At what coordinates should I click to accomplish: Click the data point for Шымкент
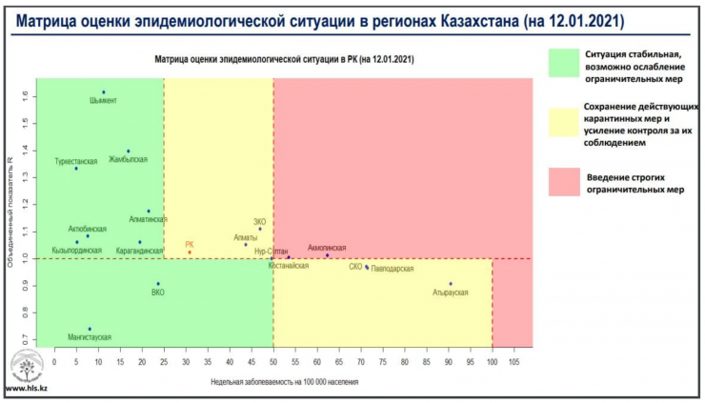104,92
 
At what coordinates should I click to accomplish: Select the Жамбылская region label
128,159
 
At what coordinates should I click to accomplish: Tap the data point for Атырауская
451,284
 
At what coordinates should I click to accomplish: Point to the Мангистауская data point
90,330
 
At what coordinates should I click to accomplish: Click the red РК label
190,245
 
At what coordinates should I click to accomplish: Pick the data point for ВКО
158,284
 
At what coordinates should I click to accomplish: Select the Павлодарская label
393,270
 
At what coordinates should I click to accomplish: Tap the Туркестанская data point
76,169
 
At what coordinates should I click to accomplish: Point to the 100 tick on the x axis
492,362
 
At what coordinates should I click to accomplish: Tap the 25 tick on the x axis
164,362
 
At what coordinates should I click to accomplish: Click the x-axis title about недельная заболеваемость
285,381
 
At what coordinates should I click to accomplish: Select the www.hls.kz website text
28,389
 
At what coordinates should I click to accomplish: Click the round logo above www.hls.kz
26,365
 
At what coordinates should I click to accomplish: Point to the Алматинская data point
148,212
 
